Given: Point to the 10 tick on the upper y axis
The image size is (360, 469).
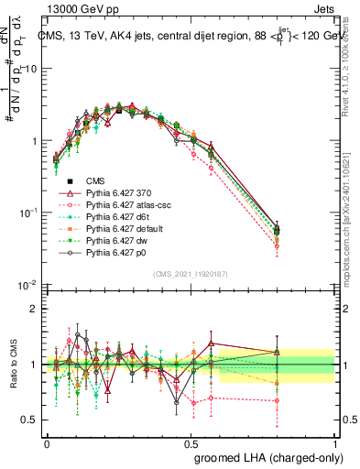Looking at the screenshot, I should coord(32,70).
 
